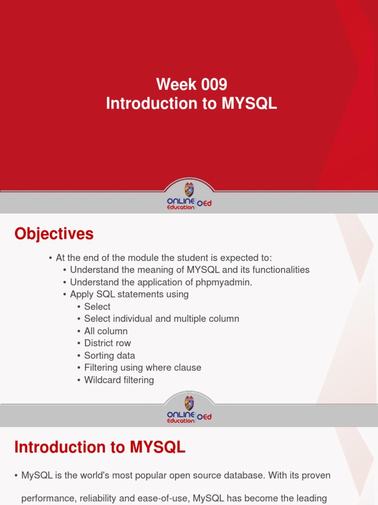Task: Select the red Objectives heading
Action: click(54, 234)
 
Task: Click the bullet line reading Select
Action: click(97, 307)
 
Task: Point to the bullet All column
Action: click(105, 331)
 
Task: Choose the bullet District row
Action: click(107, 343)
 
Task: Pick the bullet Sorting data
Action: click(109, 356)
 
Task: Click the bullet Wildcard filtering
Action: click(119, 380)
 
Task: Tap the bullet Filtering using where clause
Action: click(142, 368)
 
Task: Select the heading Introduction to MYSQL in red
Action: click(100, 447)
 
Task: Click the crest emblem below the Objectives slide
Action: click(189, 403)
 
